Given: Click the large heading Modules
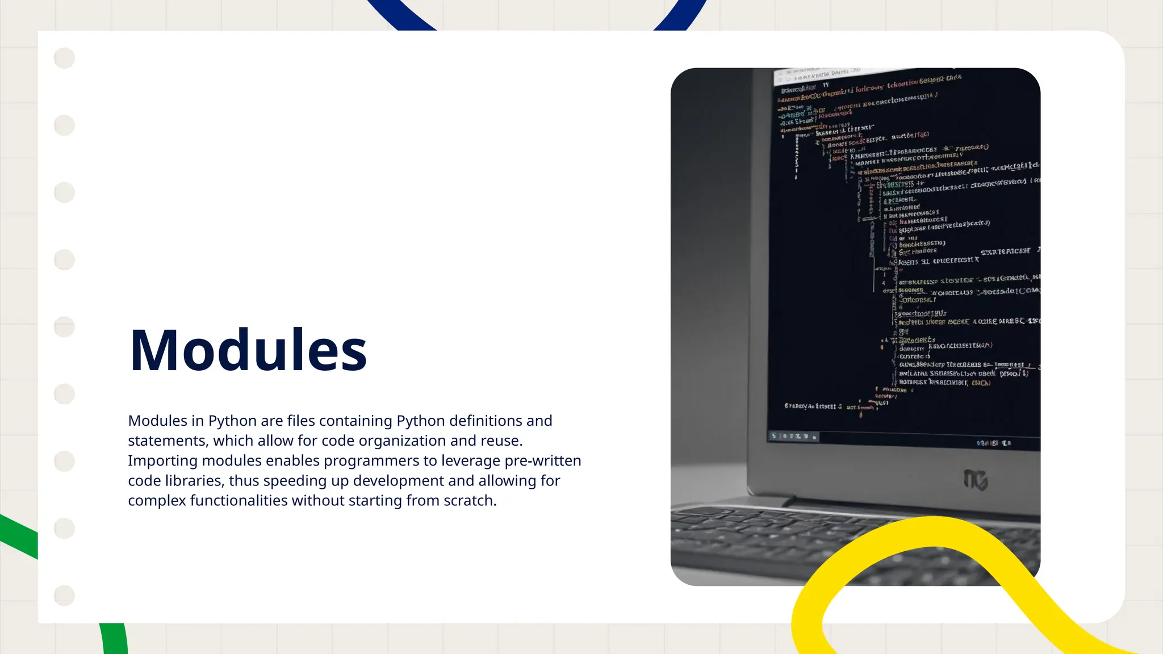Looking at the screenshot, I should click(248, 350).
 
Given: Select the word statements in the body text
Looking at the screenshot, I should click(167, 441).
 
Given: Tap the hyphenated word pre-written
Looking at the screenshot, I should click(543, 461).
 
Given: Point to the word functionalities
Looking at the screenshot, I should click(238, 501).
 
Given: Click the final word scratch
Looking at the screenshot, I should click(470, 501).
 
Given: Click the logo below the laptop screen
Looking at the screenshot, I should click(976, 480).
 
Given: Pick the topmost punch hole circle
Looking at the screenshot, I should click(64, 58).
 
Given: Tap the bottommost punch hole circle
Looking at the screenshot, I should click(64, 596).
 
